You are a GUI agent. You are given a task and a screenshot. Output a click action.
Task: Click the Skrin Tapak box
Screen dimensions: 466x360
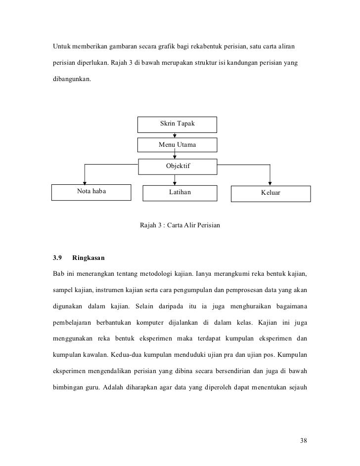[x=177, y=124]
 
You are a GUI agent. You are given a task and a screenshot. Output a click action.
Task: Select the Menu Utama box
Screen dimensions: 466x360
[x=177, y=145]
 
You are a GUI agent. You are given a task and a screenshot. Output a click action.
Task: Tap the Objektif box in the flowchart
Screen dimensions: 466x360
[x=178, y=166]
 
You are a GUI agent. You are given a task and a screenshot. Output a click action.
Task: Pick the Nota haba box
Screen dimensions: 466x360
[x=91, y=192]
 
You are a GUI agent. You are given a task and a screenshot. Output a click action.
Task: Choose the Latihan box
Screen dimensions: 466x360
[x=180, y=193]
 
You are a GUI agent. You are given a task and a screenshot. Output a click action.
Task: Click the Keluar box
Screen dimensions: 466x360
[x=270, y=193]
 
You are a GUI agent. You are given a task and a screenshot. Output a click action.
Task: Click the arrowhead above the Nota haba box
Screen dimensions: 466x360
[x=86, y=182]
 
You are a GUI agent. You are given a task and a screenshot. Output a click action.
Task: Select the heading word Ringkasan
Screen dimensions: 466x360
[x=89, y=258]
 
